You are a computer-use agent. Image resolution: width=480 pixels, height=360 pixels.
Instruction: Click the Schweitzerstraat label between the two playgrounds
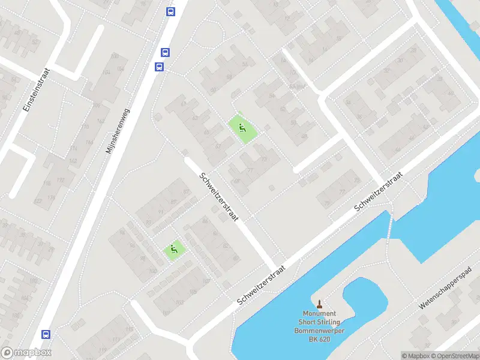(217, 196)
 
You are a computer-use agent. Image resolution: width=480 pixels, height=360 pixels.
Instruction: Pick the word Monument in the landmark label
(319, 314)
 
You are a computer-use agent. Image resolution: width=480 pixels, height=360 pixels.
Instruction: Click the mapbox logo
(26, 353)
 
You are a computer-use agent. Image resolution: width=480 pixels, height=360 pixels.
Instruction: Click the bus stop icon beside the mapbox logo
(46, 334)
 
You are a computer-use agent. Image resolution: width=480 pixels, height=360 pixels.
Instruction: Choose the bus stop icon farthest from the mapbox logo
(170, 11)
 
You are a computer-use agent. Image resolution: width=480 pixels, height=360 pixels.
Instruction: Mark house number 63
(195, 118)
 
